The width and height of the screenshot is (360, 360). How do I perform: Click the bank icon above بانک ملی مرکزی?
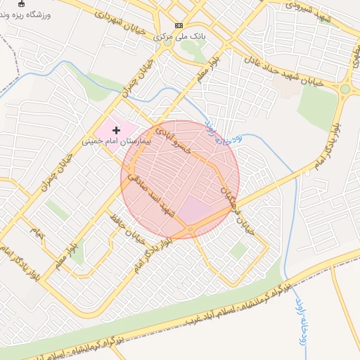point(179,24)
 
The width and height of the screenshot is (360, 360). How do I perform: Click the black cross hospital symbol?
point(116,131)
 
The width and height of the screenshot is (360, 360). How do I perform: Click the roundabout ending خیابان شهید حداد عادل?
point(345,89)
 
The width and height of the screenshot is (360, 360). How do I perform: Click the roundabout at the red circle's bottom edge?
point(190,229)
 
